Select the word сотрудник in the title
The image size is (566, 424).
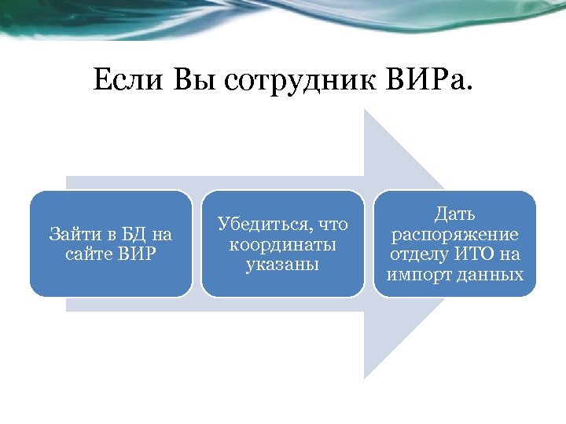300,80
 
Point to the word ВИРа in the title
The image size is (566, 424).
428,80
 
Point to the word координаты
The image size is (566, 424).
282,244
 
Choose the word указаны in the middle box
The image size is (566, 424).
282,264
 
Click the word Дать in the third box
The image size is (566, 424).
455,214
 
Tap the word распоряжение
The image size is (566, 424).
455,234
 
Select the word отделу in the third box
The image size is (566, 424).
420,254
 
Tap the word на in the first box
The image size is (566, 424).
161,234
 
